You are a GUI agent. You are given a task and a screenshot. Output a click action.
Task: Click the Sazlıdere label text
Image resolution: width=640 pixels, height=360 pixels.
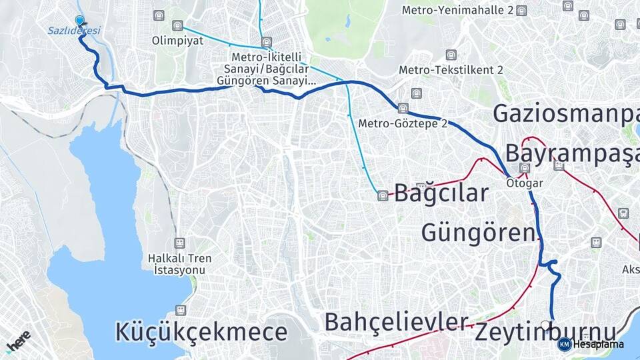pyautogui.click(x=73, y=31)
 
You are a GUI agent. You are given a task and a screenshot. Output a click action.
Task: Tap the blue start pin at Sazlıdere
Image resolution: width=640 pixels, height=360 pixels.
pyautogui.click(x=80, y=21)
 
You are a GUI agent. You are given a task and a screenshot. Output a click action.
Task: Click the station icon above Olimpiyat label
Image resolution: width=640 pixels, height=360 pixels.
pyautogui.click(x=177, y=25)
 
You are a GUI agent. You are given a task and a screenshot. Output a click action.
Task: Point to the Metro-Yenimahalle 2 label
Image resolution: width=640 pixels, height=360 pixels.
pyautogui.click(x=457, y=11)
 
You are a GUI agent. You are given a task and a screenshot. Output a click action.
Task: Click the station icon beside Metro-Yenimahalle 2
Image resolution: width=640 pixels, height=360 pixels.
pyautogui.click(x=521, y=11)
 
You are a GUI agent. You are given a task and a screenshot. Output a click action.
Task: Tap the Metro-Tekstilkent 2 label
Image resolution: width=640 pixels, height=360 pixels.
pyautogui.click(x=451, y=70)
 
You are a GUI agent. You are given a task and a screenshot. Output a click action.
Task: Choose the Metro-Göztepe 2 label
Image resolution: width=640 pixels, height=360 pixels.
pyautogui.click(x=403, y=123)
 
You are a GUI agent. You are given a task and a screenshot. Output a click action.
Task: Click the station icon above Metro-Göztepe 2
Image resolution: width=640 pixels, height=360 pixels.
pyautogui.click(x=403, y=108)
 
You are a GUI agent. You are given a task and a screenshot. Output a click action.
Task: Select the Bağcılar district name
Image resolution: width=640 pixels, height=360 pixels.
pyautogui.click(x=441, y=193)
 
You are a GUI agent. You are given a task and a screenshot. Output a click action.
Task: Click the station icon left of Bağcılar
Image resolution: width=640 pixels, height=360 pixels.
pyautogui.click(x=383, y=195)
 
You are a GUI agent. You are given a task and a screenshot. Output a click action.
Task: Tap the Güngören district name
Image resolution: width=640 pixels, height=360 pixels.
pyautogui.click(x=479, y=233)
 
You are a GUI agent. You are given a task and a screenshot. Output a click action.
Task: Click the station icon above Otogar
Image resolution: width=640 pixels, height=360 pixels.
pyautogui.click(x=525, y=169)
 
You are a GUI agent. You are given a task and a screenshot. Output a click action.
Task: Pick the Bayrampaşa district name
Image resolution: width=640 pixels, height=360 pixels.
pyautogui.click(x=571, y=153)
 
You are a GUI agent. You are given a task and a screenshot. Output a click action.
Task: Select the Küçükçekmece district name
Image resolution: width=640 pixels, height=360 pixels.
pyautogui.click(x=201, y=331)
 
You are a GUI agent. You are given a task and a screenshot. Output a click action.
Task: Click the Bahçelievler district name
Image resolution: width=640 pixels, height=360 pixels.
pyautogui.click(x=396, y=322)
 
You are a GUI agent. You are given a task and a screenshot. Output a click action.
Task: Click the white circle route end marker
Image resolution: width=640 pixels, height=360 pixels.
pyautogui.click(x=545, y=325)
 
